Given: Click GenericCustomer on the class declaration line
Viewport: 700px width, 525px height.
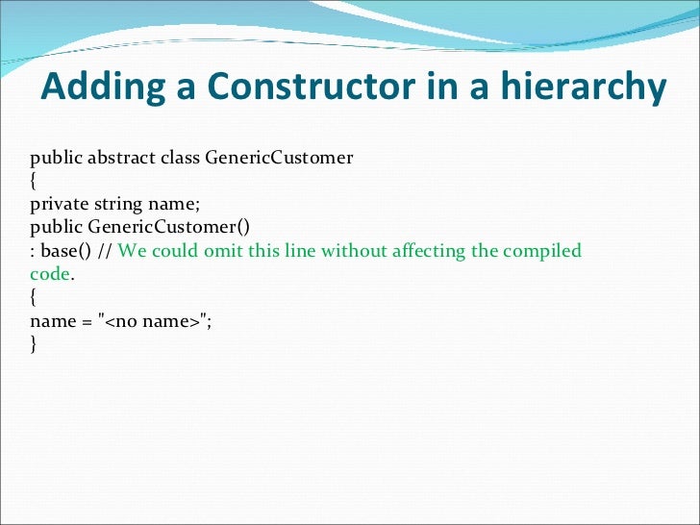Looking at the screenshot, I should tap(279, 158).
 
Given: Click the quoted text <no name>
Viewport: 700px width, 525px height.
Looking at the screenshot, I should tap(151, 321).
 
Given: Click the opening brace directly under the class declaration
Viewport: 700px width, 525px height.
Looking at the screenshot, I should tap(34, 181).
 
